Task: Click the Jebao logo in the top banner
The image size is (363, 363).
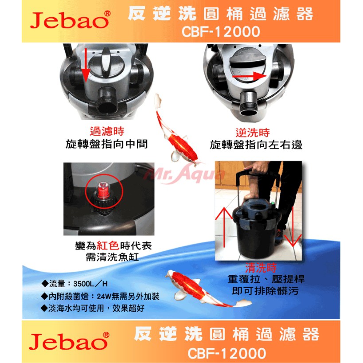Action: coord(70,20)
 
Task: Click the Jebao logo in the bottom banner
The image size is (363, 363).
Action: coord(69,341)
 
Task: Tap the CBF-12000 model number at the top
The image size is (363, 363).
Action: coord(221,32)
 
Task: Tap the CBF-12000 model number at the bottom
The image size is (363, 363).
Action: coord(226,353)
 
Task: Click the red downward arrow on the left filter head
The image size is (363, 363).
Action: coord(86,65)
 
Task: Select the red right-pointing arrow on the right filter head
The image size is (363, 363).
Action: coord(250,76)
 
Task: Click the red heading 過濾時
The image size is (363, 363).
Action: coord(107,131)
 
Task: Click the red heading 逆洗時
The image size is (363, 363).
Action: coord(253,133)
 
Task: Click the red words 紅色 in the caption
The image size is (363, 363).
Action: coord(108,246)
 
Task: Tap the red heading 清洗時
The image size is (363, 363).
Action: coord(261,268)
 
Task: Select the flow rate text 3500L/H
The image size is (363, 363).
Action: coord(90,284)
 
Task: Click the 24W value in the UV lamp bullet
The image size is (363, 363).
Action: coord(104,297)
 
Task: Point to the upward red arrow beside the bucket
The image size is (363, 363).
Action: coord(224,227)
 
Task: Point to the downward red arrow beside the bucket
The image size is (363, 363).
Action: coord(293,227)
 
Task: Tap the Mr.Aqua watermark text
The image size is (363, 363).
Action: coord(184,174)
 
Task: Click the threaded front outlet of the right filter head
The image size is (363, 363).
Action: coord(249,103)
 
